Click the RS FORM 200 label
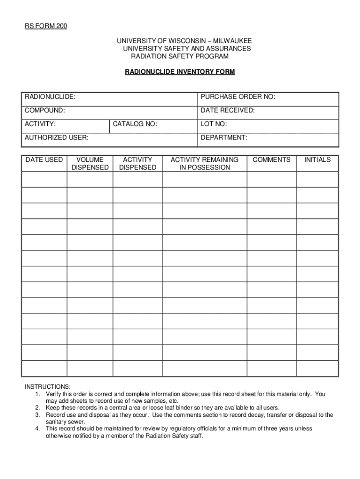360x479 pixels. coord(46,26)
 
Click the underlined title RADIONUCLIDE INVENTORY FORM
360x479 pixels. coord(180,72)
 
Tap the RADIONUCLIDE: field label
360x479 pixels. coord(50,97)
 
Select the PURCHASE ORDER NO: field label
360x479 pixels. coord(238,97)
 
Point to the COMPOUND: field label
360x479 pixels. coord(45,110)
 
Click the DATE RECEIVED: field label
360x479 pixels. coord(228,110)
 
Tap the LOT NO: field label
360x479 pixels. coord(214,124)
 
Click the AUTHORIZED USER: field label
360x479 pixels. coord(57,138)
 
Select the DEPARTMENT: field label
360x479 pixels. coord(224,138)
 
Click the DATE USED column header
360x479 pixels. coord(44,160)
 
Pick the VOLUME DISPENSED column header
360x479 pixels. coord(90,163)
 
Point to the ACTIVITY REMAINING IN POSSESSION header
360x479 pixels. coord(204,163)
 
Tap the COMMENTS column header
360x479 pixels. coord(271,160)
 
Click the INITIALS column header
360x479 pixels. coord(317,160)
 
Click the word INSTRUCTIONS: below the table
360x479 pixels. coord(48,387)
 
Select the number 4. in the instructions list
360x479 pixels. coord(37,428)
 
